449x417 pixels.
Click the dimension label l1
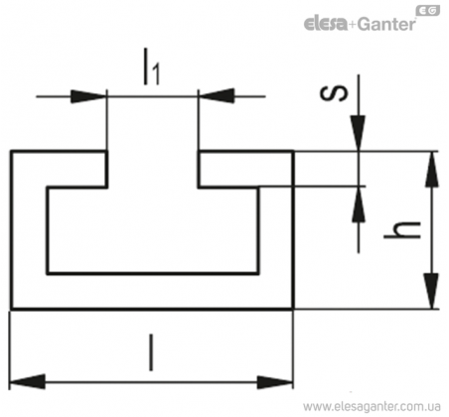[152, 67]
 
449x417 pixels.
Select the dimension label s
[334, 93]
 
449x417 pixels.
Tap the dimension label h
[402, 229]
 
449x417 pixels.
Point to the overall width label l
[151, 352]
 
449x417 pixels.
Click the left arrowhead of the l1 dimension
[88, 96]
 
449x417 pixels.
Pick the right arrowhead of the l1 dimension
[217, 96]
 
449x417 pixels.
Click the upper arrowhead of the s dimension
[359, 133]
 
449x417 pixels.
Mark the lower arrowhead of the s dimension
[359, 204]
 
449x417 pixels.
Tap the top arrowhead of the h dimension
[432, 169]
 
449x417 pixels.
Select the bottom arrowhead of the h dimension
[432, 291]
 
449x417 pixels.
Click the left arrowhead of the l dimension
[28, 381]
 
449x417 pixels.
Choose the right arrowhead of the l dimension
[275, 382]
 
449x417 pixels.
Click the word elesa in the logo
[325, 24]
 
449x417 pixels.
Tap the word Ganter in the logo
[386, 24]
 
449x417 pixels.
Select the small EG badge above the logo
[428, 11]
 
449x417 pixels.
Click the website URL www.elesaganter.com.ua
[372, 406]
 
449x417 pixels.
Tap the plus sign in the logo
[353, 25]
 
